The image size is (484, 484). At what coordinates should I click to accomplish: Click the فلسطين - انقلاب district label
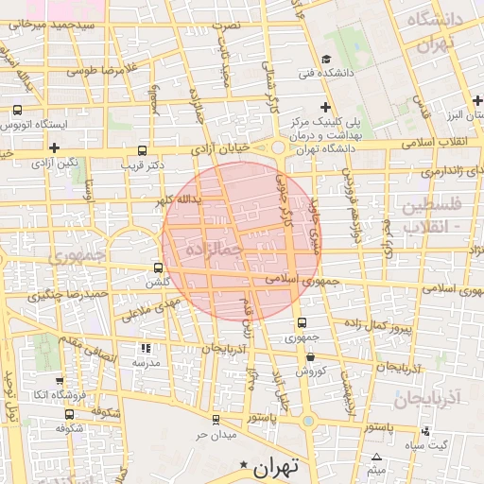pos(431,216)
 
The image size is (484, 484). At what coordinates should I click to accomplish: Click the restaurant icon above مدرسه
pos(145,348)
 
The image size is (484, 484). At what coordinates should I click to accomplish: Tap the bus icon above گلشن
pos(158,268)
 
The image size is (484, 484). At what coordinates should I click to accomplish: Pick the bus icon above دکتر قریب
pos(142,149)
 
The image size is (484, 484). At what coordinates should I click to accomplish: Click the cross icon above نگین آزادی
pos(55,147)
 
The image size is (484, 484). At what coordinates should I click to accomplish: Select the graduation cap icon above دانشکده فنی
pos(326,58)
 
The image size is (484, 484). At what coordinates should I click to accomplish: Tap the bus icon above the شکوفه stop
pos(67,414)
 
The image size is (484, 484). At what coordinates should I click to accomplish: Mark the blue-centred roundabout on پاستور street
pos(308,420)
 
